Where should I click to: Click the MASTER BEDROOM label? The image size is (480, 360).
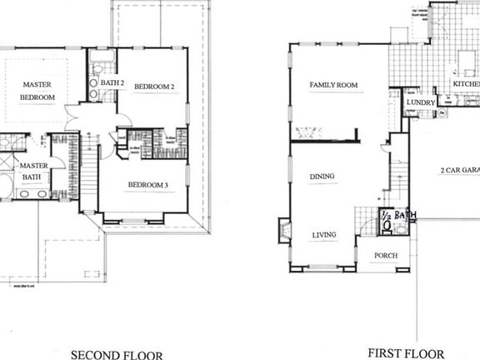[38, 91]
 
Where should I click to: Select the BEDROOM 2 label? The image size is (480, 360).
[153, 87]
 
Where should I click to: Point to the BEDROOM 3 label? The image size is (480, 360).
[148, 184]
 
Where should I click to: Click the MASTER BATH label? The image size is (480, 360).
[32, 171]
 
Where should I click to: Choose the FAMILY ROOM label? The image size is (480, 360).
[334, 85]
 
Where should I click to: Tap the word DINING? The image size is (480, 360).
[322, 177]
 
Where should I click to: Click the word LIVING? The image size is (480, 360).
[323, 235]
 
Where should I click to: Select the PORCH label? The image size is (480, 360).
[385, 255]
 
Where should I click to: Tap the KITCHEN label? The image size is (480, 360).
[466, 84]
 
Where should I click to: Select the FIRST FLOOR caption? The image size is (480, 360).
[406, 353]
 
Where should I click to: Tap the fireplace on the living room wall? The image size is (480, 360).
[285, 229]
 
